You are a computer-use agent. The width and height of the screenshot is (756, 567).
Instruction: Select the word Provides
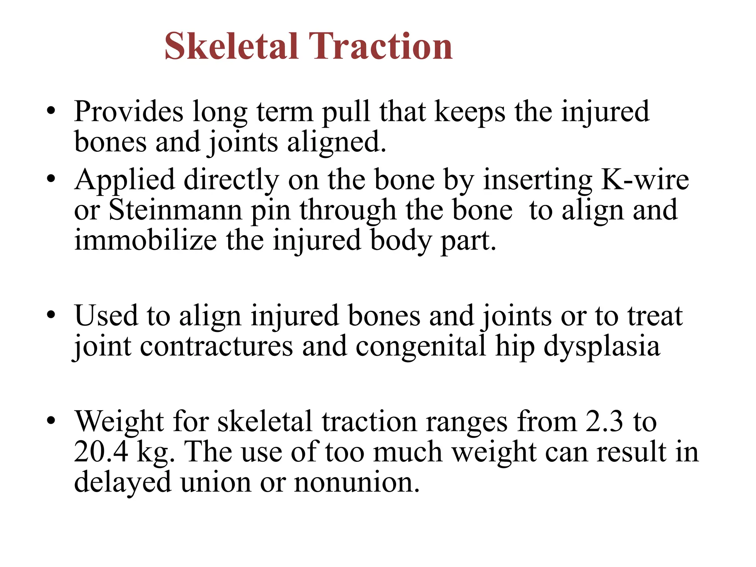(x=128, y=111)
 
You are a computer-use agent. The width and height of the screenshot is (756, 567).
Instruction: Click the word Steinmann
(x=175, y=210)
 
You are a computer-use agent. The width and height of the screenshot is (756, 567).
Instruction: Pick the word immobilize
(x=145, y=240)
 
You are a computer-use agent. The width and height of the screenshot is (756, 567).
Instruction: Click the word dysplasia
(x=602, y=347)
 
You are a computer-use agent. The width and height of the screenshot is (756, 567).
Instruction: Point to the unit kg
(x=155, y=453)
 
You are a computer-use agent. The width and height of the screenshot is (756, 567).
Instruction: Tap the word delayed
(x=123, y=483)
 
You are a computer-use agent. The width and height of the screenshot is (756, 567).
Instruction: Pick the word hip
(x=515, y=347)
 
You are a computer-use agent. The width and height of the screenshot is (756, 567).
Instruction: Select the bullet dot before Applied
(x=51, y=179)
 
